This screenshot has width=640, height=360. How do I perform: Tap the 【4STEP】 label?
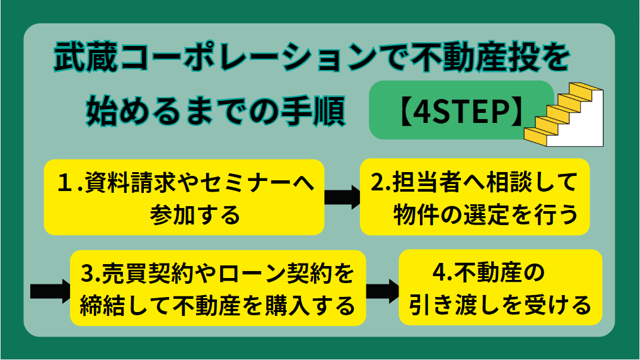click(461, 111)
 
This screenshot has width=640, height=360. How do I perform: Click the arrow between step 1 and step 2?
click(342, 197)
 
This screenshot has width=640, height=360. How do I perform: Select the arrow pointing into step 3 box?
click(50, 291)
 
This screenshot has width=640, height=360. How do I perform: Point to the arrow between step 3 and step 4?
click(383, 291)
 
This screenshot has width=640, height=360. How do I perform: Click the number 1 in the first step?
click(65, 182)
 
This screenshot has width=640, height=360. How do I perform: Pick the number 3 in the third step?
click(88, 274)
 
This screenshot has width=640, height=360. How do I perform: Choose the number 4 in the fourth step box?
click(439, 272)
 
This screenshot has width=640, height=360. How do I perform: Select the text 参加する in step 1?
click(195, 215)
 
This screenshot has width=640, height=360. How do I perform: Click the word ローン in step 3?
click(253, 274)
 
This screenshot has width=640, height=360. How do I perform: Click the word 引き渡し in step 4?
click(457, 305)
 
